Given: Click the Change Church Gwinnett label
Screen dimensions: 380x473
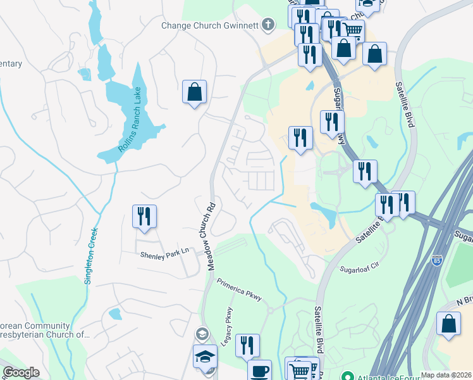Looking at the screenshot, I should [211, 25].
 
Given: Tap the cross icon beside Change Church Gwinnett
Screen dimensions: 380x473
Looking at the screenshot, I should [268, 25].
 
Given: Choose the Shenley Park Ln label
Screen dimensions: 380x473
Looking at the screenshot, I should [164, 253].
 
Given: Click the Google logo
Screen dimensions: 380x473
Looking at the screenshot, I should [21, 372].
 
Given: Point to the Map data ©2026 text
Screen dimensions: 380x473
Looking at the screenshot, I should [446, 375].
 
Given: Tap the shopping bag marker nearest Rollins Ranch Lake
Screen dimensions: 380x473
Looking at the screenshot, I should [194, 92].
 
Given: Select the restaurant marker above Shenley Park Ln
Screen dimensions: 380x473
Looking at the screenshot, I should [144, 217].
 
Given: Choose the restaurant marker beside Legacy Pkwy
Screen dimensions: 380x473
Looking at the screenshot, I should [247, 346].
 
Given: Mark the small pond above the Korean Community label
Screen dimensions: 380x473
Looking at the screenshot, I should [114, 313].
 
